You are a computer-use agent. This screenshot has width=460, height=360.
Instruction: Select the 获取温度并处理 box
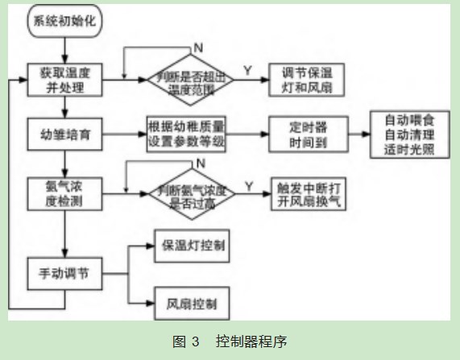(65, 78)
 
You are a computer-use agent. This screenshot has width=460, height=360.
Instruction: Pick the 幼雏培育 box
(65, 134)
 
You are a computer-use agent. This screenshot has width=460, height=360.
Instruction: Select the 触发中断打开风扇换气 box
(309, 192)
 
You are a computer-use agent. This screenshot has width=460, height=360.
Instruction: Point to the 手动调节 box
(65, 272)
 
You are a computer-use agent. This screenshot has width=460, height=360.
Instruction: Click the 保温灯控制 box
(190, 245)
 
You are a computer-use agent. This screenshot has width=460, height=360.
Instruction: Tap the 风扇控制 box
(190, 305)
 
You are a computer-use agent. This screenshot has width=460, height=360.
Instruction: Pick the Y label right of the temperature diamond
(247, 71)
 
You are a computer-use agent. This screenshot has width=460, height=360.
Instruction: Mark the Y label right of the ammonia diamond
(248, 186)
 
